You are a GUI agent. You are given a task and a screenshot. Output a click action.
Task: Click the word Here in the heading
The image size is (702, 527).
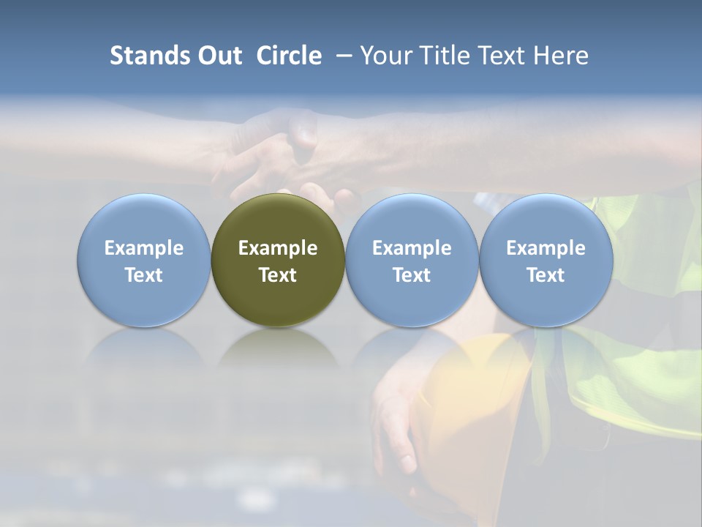click(561, 56)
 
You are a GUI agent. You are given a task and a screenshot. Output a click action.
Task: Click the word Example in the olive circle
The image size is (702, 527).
click(278, 248)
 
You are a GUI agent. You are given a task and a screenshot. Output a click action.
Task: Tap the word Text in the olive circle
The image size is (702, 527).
click(278, 275)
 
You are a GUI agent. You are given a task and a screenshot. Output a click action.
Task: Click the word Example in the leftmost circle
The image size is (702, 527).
click(144, 248)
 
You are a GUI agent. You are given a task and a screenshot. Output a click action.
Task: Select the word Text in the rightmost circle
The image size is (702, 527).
click(546, 275)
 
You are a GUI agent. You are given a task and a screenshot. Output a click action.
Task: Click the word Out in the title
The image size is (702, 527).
click(219, 56)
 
